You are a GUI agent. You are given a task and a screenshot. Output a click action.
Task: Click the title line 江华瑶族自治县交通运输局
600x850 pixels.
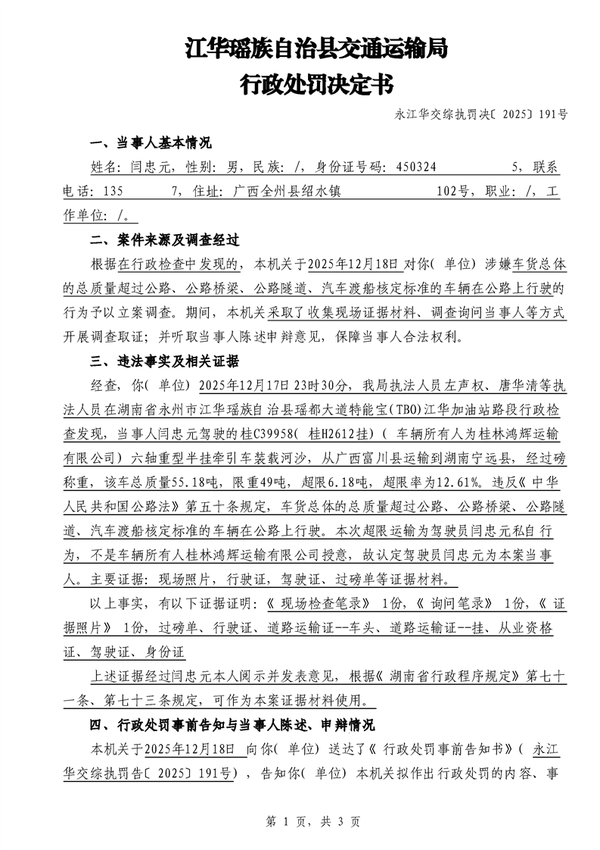tap(316, 50)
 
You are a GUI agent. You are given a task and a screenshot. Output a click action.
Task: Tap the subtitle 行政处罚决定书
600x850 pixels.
tap(316, 84)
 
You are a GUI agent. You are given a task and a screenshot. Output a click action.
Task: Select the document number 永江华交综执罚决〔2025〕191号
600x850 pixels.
tap(481, 115)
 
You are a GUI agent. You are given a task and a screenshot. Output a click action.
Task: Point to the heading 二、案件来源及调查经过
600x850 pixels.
tap(164, 240)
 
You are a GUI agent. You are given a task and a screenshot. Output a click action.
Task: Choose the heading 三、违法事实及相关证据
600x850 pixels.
tap(164, 360)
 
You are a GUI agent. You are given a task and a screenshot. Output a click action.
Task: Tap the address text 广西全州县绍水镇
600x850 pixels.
tap(287, 192)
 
